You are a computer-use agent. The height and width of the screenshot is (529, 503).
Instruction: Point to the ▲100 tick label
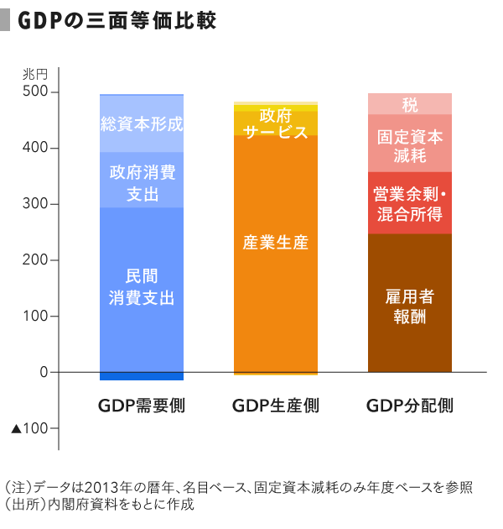pos(34,429)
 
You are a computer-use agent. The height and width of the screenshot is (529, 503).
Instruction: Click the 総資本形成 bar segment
pos(141,124)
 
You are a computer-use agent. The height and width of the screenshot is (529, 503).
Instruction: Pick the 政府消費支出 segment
pos(141,181)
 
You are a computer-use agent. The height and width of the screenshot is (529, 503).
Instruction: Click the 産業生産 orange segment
pos(275,244)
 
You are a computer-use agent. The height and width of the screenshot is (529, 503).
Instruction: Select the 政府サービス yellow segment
pos(275,123)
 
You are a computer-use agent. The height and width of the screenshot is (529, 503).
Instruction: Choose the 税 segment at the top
pos(409,104)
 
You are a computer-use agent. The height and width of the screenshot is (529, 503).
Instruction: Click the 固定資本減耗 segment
pos(409,144)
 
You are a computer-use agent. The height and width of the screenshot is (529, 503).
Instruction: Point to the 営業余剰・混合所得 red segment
pos(409,203)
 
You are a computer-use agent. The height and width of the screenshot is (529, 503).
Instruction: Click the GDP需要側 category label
pos(141,406)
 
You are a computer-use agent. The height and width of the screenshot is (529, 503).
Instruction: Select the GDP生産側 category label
pos(275,406)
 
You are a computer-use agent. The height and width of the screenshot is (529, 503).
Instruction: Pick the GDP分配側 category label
pos(409,406)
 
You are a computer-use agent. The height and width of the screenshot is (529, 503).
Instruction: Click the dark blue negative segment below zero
pos(141,376)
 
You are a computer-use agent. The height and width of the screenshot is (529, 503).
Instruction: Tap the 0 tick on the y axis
pos(44,372)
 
